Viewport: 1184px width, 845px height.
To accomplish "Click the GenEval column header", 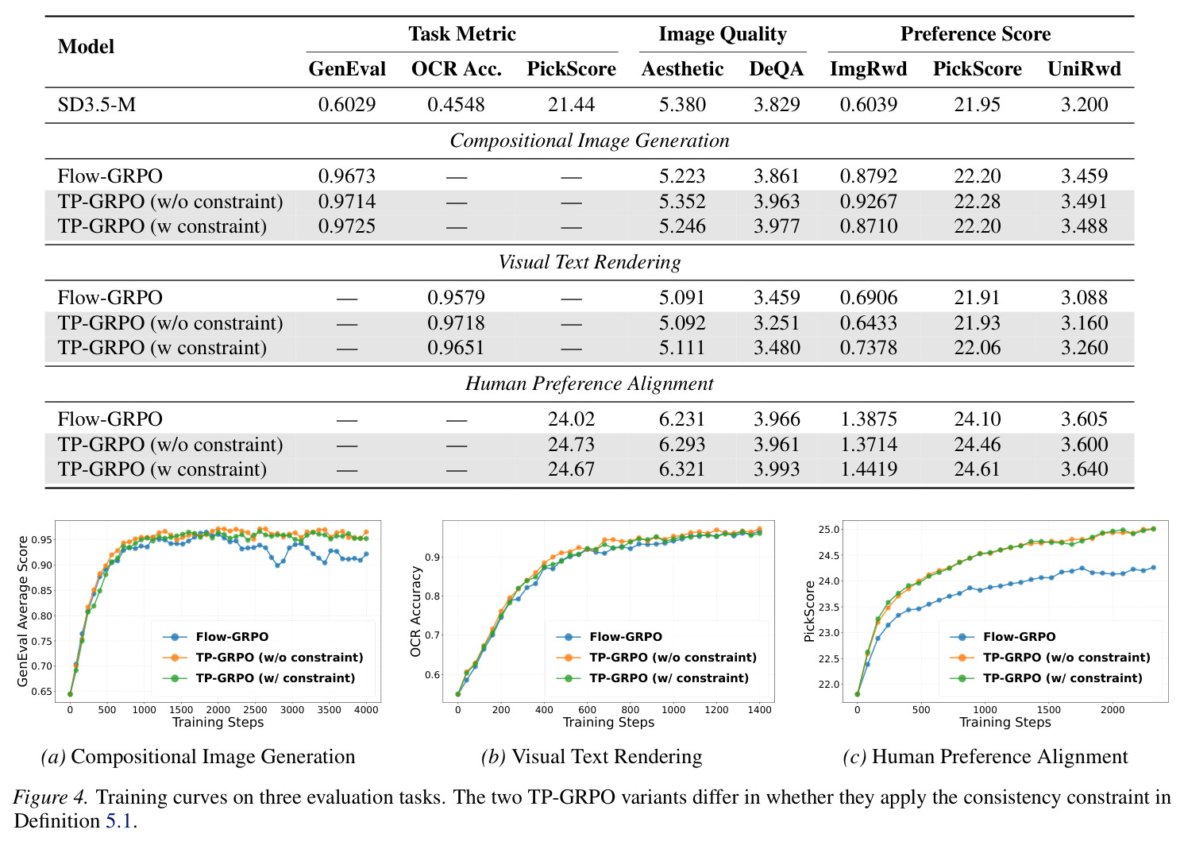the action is (x=347, y=69).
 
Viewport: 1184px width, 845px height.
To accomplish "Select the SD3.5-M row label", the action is (x=97, y=104).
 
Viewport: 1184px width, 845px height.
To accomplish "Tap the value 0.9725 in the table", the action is (x=347, y=226).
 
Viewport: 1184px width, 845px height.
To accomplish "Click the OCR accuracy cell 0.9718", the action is (x=456, y=322).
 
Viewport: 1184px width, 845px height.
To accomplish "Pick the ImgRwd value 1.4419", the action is (x=869, y=469).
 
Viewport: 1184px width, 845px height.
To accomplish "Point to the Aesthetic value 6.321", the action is (x=682, y=469).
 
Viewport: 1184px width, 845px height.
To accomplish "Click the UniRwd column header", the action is (x=1084, y=69).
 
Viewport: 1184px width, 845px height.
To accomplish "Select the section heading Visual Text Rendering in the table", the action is (x=589, y=262).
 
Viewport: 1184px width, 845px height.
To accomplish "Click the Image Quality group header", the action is (x=723, y=34).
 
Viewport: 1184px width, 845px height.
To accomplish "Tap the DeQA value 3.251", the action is (x=777, y=322).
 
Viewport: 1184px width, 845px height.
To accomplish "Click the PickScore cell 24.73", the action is (x=571, y=444).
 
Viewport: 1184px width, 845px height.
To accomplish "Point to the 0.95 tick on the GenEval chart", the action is (x=42, y=540).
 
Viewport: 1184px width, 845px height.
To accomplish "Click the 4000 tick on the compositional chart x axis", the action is (x=366, y=710).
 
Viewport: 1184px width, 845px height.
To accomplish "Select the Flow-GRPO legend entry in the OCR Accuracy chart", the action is (x=609, y=637).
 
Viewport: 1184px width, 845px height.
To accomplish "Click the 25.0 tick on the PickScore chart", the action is (x=829, y=529).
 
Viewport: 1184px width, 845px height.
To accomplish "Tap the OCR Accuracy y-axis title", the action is (x=415, y=612).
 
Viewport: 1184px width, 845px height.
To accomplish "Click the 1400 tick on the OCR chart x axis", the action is (x=760, y=710).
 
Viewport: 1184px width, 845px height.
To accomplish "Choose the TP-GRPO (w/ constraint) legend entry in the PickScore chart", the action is (x=1046, y=678).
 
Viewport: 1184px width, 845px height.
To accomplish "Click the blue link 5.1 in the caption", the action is (x=118, y=820).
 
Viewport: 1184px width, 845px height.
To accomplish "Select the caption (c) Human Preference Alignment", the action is (x=985, y=757).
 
